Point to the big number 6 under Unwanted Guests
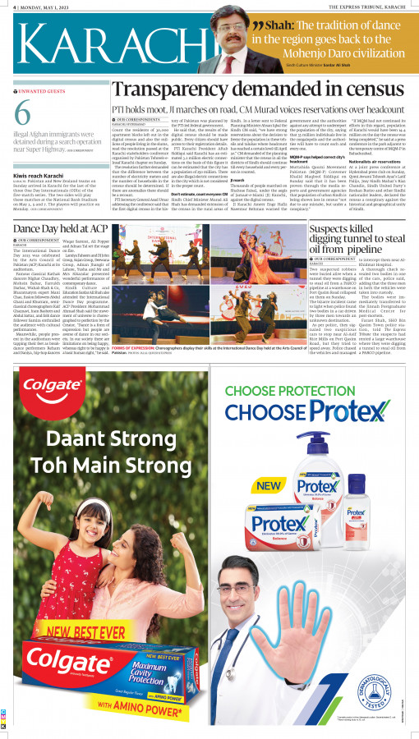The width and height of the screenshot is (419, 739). tap(23, 118)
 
